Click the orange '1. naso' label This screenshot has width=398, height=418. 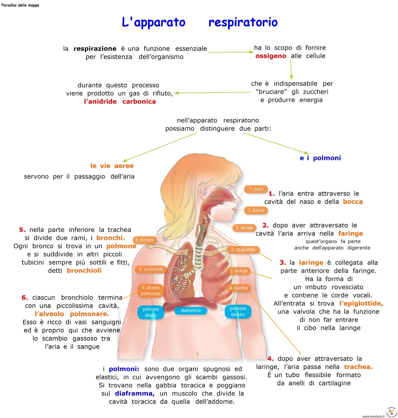coord(256,189)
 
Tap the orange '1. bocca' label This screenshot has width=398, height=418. coord(256,210)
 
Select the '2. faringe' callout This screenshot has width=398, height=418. coord(244,228)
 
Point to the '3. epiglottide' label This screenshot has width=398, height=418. coord(243,250)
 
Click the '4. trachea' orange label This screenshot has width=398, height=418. coord(238,288)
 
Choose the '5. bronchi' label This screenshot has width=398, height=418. coord(144,240)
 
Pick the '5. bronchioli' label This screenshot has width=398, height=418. coord(151,269)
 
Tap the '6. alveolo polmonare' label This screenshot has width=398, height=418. coord(151,291)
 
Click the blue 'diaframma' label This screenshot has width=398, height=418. coord(191,311)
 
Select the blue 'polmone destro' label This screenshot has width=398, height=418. coord(151,312)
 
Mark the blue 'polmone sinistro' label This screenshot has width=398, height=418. coord(238,312)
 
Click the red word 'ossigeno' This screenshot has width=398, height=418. coord(271,56)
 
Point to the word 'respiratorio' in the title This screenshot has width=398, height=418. coord(243,22)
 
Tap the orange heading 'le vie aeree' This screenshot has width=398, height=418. coord(112,166)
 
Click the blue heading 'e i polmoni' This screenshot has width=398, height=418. coord(320,158)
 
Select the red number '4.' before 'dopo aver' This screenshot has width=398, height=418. coord(270,358)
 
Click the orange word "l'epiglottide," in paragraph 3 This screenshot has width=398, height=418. coord(361,303)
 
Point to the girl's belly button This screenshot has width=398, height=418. coord(197,353)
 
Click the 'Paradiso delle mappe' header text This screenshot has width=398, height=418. coord(20,5)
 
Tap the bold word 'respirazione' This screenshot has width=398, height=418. coord(95,49)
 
